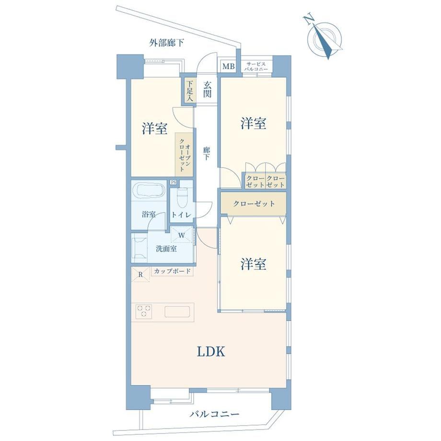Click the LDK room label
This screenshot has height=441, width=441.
[211, 351]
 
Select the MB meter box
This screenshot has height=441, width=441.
[228, 67]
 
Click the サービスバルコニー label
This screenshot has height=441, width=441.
[255, 66]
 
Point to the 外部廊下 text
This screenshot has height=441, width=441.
[166, 43]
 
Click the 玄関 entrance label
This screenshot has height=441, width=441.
[207, 89]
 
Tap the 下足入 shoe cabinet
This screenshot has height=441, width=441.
[189, 91]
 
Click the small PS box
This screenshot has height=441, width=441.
[173, 182]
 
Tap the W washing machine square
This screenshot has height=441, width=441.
[182, 234]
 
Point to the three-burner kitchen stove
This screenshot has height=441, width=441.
[144, 312]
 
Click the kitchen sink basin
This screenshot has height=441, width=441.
[177, 312]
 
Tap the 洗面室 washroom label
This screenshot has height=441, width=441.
[166, 249]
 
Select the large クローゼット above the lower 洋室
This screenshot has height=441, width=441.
[254, 203]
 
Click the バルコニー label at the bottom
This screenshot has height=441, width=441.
[214, 414]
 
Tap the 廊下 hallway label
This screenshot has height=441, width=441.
[206, 153]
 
